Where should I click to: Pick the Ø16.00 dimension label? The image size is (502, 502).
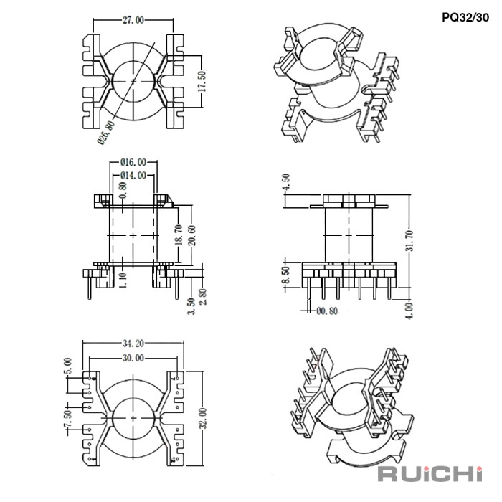134,163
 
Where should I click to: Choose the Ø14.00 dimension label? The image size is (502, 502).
133,175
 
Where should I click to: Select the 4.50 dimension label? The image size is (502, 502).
288,181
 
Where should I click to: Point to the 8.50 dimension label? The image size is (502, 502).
286,275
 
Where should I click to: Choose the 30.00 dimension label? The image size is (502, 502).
134,357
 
